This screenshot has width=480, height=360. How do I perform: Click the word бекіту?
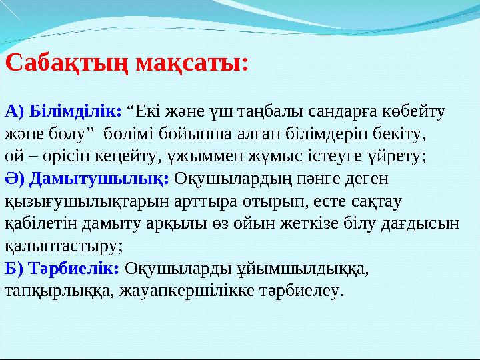[x=403, y=133]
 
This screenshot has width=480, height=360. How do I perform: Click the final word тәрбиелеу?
[x=307, y=291]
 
